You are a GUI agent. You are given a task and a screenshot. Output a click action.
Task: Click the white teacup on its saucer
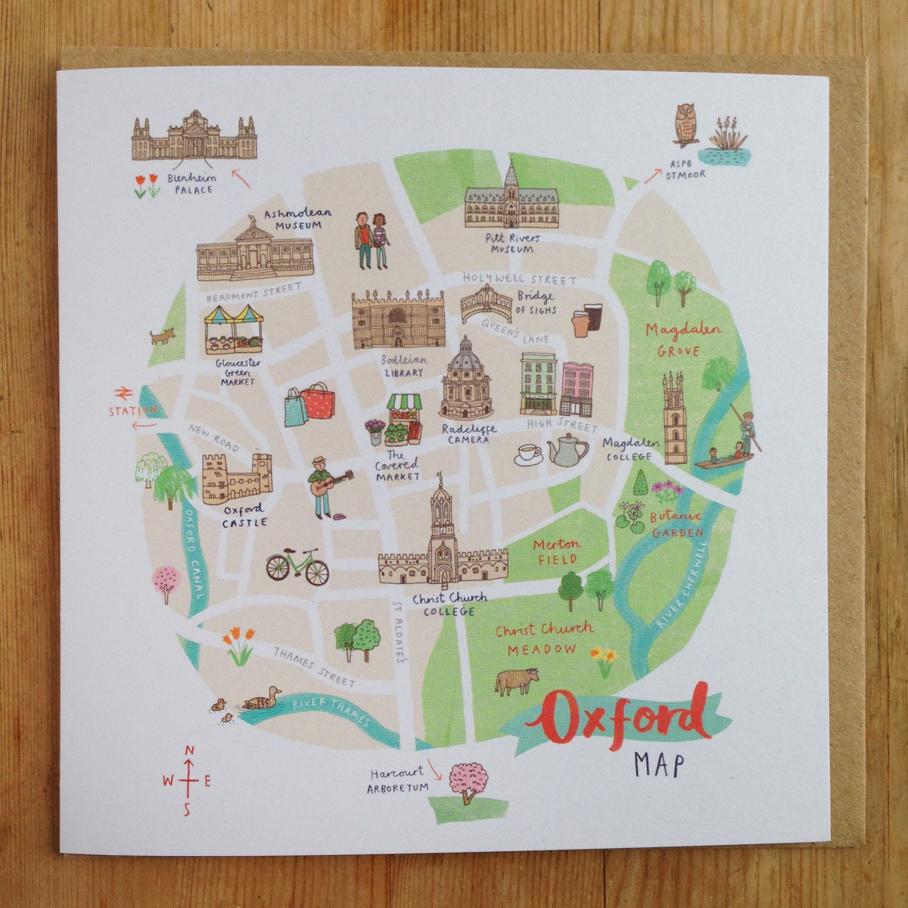tap(529, 454)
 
